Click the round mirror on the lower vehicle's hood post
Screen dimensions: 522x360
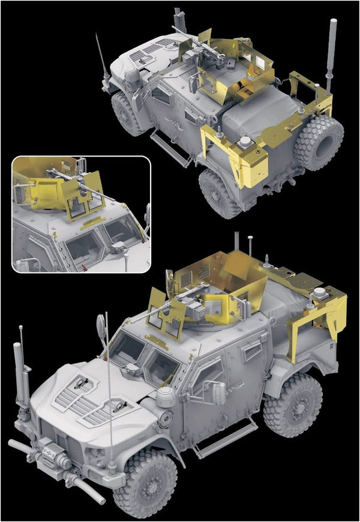[100, 326]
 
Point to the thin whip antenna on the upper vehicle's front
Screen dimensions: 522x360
[100, 54]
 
